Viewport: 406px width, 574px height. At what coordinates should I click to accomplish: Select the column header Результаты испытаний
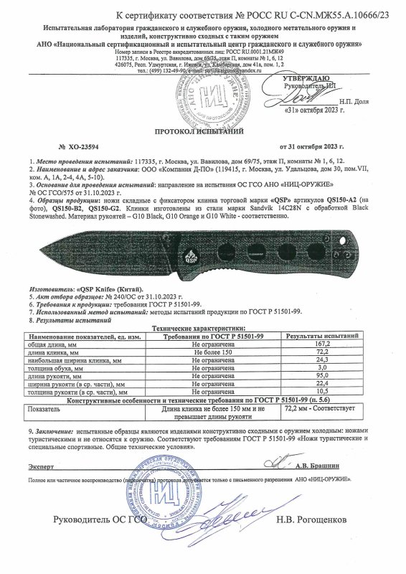coord(322,336)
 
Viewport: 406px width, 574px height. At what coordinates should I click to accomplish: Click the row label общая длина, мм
coord(50,344)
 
